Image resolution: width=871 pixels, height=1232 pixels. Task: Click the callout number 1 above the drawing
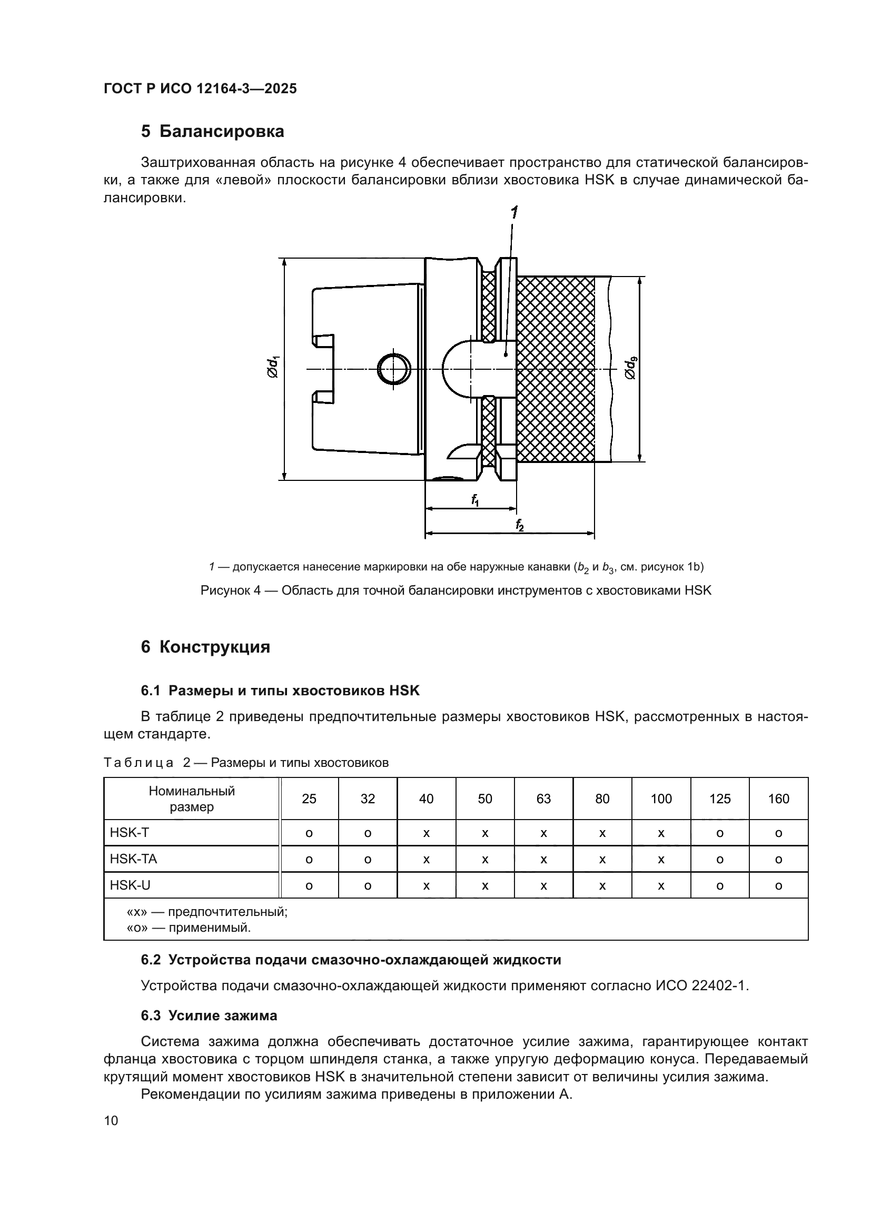514,213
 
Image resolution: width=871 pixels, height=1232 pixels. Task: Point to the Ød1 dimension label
273,368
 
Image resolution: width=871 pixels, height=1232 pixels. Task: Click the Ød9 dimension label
630,368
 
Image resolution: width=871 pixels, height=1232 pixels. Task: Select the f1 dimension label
475,500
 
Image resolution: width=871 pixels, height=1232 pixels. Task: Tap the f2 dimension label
519,525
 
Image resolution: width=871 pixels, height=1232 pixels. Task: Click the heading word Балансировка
222,132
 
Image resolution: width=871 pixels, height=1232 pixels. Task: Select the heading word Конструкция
214,647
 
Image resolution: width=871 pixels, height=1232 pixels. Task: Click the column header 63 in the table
543,799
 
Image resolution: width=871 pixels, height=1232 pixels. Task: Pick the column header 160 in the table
778,799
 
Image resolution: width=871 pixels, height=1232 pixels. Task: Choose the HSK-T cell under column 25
309,833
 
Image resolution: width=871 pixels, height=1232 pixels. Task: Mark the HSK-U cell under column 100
661,886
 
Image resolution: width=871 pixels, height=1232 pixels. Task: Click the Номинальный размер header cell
192,799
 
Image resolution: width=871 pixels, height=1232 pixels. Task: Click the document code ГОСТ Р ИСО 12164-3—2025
200,89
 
